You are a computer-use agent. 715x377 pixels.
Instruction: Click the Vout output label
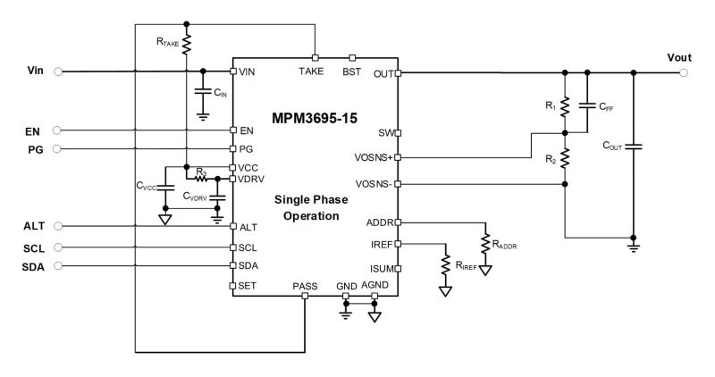(x=679, y=58)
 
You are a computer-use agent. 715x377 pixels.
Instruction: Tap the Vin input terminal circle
(x=58, y=72)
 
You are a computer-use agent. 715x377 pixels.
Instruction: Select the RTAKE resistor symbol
(x=187, y=41)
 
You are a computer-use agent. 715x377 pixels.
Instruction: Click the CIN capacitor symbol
(x=203, y=92)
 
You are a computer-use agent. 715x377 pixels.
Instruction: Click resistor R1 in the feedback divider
(x=565, y=107)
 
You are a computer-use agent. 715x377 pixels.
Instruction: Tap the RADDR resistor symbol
(x=485, y=243)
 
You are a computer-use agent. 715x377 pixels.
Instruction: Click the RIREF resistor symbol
(x=445, y=264)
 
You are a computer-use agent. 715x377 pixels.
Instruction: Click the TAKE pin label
(x=311, y=71)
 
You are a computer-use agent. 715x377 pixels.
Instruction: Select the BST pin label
(x=352, y=71)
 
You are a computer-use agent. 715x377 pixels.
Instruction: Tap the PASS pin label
(x=305, y=287)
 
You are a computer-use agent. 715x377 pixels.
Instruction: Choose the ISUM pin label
(x=380, y=267)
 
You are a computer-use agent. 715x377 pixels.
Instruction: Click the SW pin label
(x=385, y=132)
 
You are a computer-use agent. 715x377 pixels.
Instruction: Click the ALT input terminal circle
(x=58, y=227)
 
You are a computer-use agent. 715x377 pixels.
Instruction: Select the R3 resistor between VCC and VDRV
(x=202, y=178)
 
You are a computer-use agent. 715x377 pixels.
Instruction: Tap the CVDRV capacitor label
(x=197, y=196)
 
